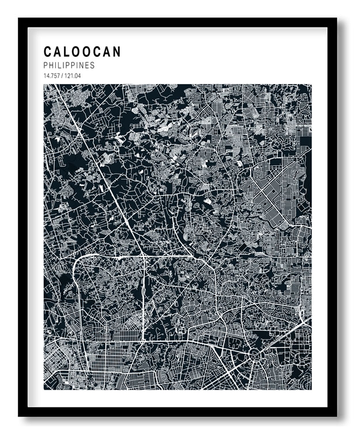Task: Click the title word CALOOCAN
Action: point(82,52)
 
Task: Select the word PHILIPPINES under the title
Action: point(69,66)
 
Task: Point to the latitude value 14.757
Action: point(52,75)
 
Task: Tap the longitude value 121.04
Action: point(72,75)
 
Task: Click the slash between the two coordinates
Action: point(62,75)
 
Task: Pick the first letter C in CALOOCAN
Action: point(48,52)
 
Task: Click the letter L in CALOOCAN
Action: point(67,52)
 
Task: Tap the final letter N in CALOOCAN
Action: point(117,52)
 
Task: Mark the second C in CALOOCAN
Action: point(97,52)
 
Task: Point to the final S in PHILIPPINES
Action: point(92,66)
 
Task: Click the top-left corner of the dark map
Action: point(44,85)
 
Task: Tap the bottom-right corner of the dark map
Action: point(311,390)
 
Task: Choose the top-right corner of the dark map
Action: point(311,85)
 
